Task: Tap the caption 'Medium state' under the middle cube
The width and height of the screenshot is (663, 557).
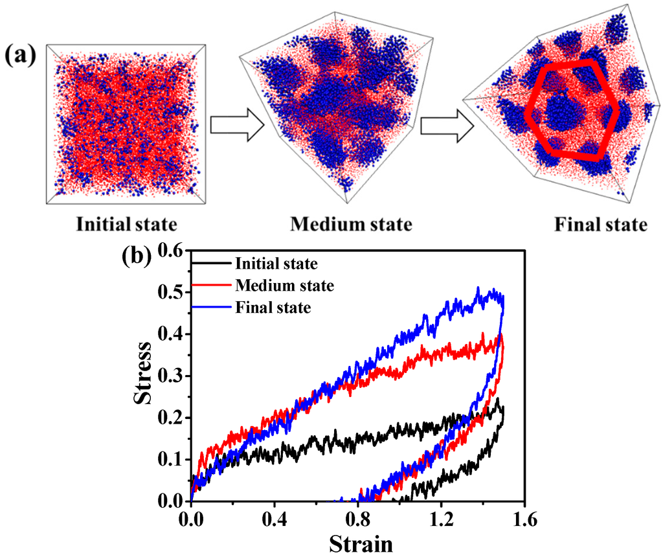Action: coord(351,225)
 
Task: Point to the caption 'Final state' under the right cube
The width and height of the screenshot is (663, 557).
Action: coord(600,225)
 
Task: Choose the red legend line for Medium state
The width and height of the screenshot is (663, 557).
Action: coord(212,286)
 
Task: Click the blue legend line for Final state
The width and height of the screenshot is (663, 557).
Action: coord(212,307)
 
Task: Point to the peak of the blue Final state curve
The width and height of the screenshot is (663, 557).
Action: coord(478,288)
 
